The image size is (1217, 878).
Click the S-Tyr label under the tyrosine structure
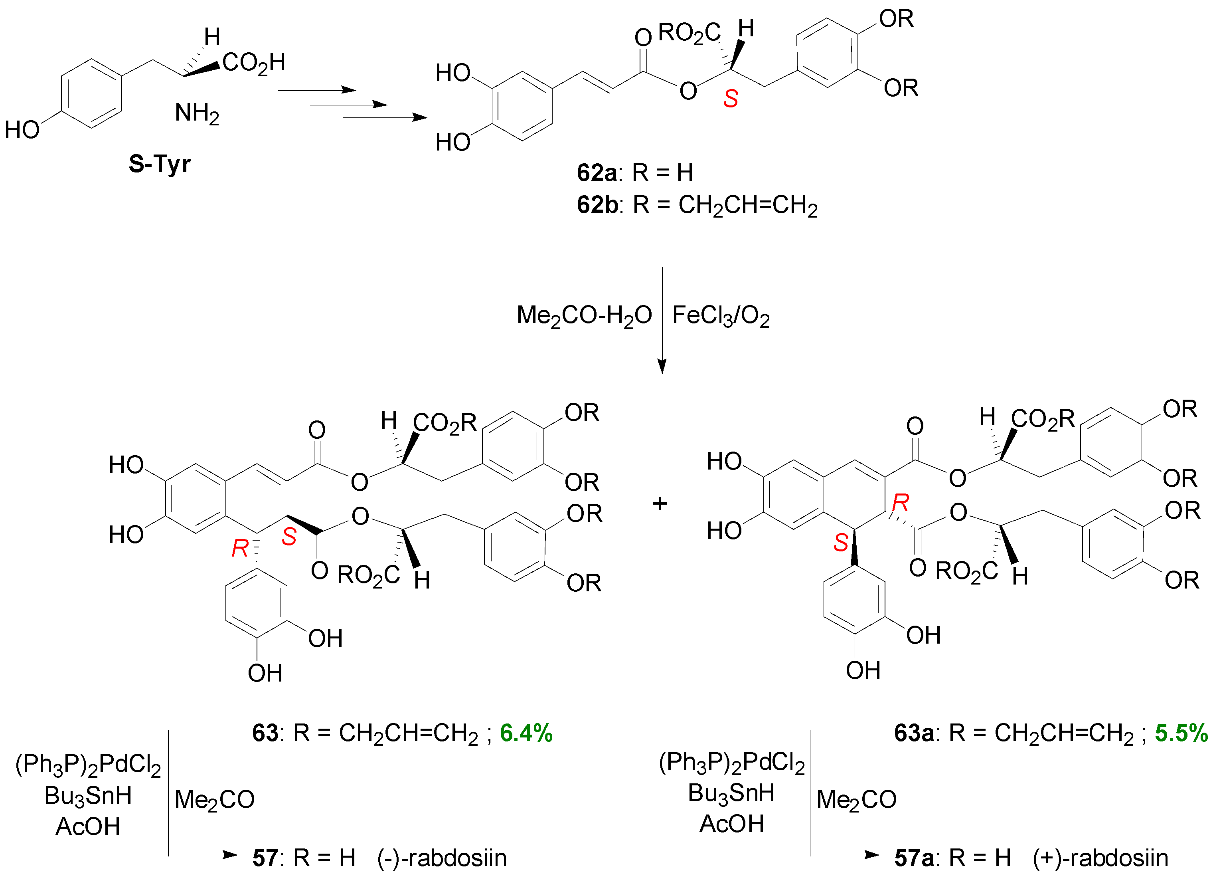pyautogui.click(x=159, y=164)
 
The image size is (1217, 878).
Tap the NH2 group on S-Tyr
pyautogui.click(x=197, y=114)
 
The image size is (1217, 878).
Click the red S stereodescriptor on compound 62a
pyautogui.click(x=730, y=99)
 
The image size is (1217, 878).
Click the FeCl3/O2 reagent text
pyautogui.click(x=721, y=316)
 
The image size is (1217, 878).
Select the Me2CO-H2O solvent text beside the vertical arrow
pyautogui.click(x=584, y=316)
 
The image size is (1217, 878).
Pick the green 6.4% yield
pyautogui.click(x=526, y=733)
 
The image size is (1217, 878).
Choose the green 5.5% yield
pyautogui.click(x=1181, y=733)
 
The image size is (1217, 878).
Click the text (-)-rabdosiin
pyautogui.click(x=442, y=858)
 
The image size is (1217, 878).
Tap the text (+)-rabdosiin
pyautogui.click(x=1100, y=858)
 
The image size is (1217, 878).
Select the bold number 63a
pyautogui.click(x=914, y=733)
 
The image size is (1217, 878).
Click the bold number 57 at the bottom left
pyautogui.click(x=265, y=858)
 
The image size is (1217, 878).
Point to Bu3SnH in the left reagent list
pyautogui.click(x=88, y=795)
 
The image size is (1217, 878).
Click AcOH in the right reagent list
pyautogui.click(x=731, y=824)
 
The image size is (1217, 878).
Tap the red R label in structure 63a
pyautogui.click(x=900, y=503)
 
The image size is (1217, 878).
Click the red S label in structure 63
pyautogui.click(x=289, y=537)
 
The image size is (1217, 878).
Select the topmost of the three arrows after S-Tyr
pyautogui.click(x=316, y=91)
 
